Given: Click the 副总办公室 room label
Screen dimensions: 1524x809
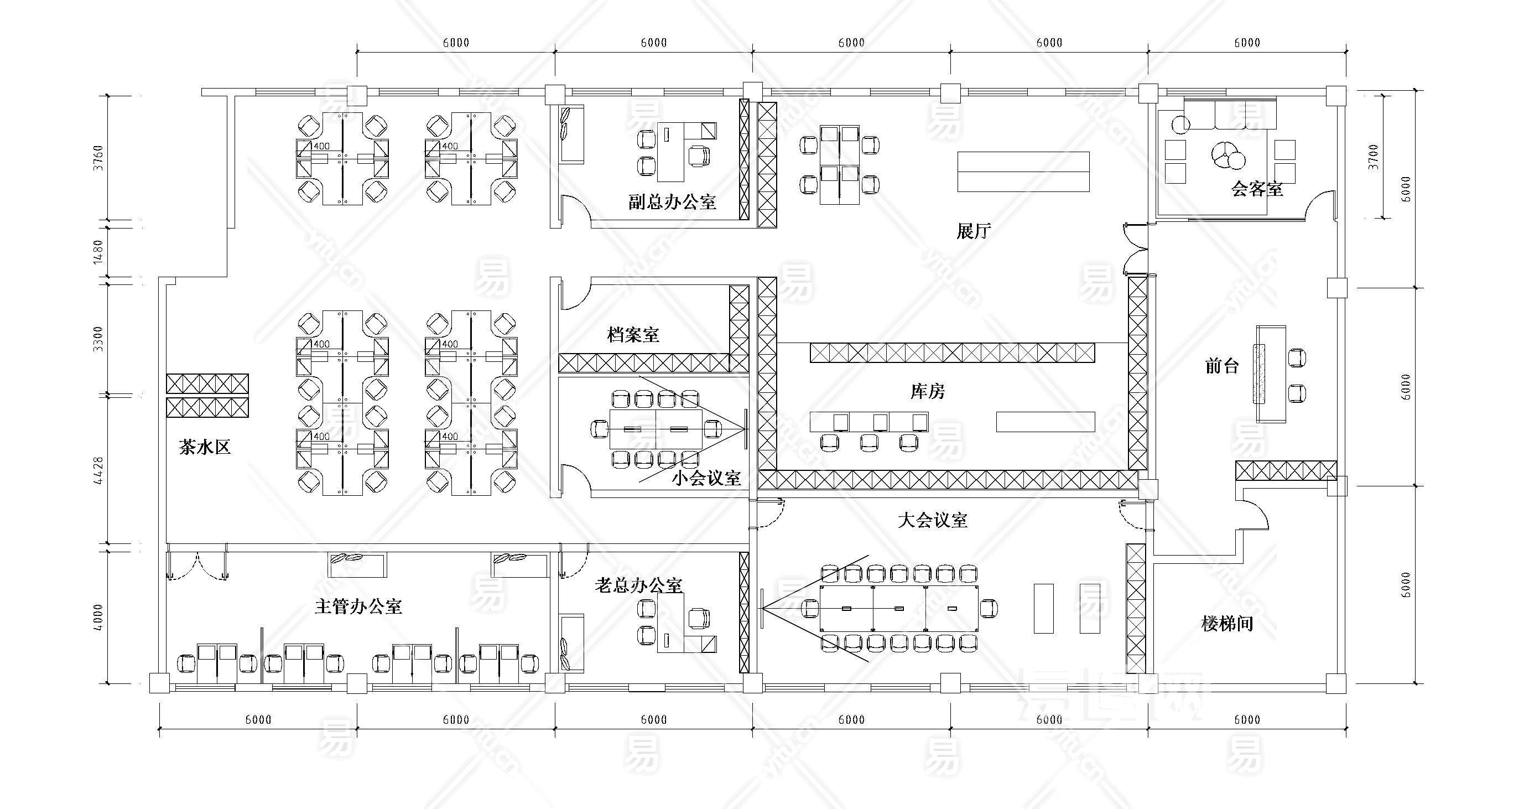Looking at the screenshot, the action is pos(672,202).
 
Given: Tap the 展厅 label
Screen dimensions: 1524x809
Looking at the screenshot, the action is pos(974,231).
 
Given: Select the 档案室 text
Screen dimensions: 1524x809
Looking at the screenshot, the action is pos(633,334).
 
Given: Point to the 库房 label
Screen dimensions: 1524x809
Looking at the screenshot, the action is pos(928,391).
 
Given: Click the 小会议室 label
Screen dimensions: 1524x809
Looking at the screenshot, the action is pos(706,478).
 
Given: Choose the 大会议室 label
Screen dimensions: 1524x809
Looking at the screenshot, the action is pos(933,520).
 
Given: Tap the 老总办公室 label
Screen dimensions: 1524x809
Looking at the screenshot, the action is pos(638,585).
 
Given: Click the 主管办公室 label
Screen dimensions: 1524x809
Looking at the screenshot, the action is pos(358,606).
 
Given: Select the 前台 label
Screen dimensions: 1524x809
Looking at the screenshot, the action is pos(1223,366).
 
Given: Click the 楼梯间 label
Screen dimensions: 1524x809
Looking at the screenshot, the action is pos(1227,623).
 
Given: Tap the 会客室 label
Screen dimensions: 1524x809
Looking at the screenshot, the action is pos(1257,189).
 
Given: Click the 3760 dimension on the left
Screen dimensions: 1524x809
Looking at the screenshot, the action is pos(98,157).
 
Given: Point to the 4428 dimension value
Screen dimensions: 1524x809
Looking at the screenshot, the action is pos(98,470).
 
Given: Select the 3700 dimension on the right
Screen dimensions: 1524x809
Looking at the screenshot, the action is pos(1373,157).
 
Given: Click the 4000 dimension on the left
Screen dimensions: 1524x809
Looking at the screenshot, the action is pos(98,617).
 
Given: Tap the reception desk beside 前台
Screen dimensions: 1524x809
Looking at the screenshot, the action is pos(1270,374).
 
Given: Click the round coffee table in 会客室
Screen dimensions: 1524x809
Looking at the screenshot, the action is pos(1227,155).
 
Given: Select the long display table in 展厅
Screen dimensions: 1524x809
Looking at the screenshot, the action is pos(1023,172).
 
